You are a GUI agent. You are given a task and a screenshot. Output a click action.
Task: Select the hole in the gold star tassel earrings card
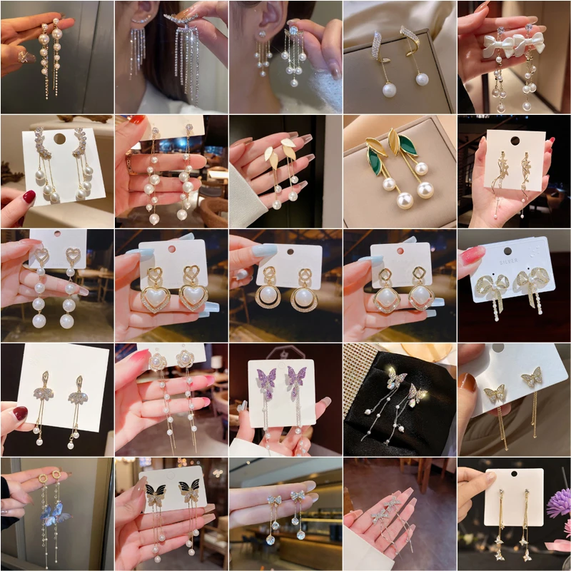[x=513, y=476]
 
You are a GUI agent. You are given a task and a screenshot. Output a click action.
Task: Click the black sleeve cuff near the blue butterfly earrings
[x=6, y=492]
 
